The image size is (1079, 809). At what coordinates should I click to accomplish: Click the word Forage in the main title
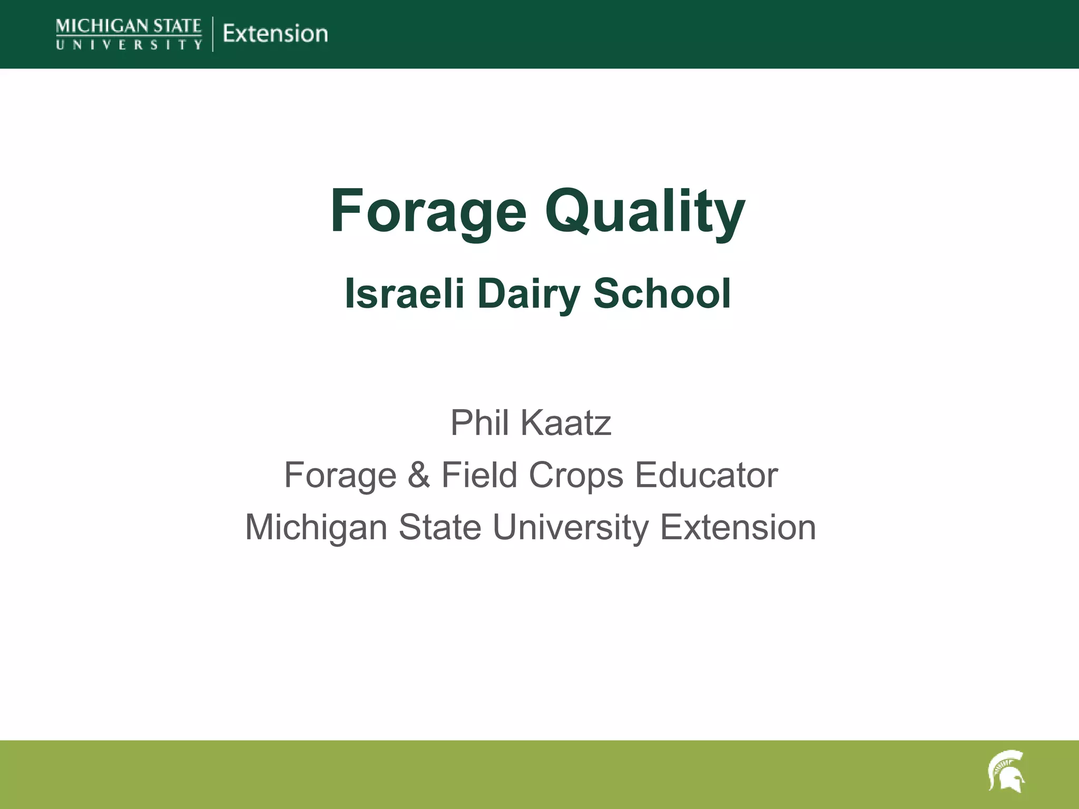(428, 212)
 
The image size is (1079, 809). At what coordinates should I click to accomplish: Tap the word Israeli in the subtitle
(404, 294)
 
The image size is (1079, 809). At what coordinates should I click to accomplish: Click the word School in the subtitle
(662, 294)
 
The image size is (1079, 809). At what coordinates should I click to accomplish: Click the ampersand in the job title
(419, 475)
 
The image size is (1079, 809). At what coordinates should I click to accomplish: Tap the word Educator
(706, 475)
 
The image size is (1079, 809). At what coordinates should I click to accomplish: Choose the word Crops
(576, 475)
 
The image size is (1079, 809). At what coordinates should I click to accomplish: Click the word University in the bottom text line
(571, 528)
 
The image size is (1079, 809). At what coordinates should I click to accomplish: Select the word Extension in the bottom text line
(738, 528)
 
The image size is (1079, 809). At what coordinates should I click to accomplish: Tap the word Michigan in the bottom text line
(317, 528)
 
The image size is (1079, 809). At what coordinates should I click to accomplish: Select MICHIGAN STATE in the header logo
(129, 26)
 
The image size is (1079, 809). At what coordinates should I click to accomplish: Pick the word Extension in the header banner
(275, 34)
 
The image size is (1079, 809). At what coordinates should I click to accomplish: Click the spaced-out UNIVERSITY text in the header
(129, 45)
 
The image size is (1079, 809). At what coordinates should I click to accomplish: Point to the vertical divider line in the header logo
(213, 34)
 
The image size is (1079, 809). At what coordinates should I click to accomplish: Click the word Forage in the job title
(340, 475)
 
